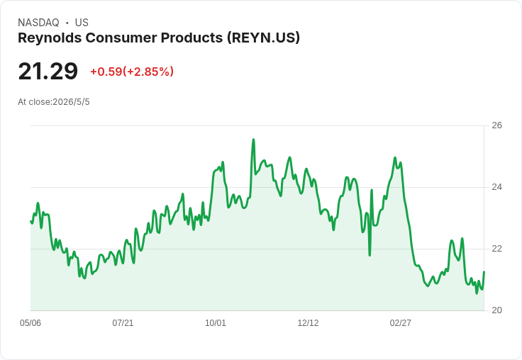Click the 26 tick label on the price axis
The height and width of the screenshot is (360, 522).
click(496, 125)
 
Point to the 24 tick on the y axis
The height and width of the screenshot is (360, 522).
click(496, 187)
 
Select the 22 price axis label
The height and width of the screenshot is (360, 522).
click(496, 249)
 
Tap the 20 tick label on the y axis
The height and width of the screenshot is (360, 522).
click(496, 310)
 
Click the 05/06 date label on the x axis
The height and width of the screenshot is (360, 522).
click(30, 322)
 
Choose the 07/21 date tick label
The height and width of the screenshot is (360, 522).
click(123, 322)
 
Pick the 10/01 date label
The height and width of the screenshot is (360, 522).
click(216, 322)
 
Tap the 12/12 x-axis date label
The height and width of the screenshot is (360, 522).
click(308, 322)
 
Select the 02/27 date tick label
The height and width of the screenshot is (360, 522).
click(401, 322)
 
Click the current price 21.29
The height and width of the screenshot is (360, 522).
click(48, 71)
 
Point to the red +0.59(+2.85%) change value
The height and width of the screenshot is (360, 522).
click(132, 72)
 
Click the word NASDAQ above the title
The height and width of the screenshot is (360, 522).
click(38, 23)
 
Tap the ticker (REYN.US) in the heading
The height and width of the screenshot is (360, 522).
click(263, 38)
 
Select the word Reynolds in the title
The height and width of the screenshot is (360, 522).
click(50, 38)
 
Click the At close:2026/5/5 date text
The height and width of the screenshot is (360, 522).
click(54, 102)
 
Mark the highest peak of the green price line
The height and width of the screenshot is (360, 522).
click(253, 140)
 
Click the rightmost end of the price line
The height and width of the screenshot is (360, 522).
click(484, 272)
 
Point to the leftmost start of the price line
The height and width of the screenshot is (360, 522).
click(30, 221)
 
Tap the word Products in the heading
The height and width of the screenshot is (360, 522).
click(191, 38)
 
